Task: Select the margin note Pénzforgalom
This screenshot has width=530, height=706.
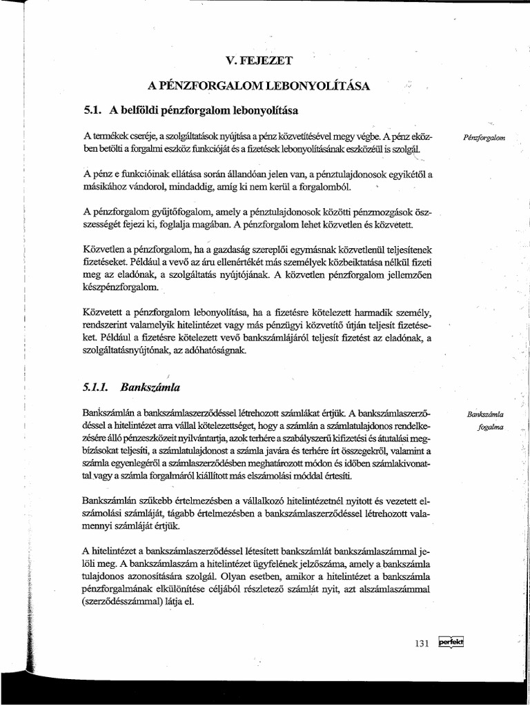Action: (485, 137)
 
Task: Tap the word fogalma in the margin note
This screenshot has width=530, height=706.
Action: (491, 427)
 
